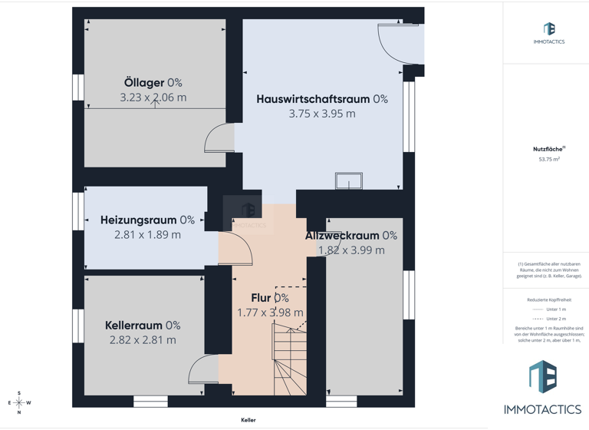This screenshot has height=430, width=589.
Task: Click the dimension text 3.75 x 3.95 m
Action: [x=321, y=114]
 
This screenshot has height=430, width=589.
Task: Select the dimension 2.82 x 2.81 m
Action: [x=142, y=340]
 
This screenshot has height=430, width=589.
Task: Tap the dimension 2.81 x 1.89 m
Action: [x=146, y=234]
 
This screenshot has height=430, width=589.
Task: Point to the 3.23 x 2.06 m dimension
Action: [x=153, y=98]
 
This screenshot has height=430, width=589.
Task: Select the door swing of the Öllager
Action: [x=219, y=138]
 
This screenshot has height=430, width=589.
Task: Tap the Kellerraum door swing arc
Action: [x=203, y=369]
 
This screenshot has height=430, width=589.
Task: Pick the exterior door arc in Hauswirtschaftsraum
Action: [x=398, y=44]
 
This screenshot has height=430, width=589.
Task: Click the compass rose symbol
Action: [x=19, y=402]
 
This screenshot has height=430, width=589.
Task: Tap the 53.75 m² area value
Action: [x=549, y=160]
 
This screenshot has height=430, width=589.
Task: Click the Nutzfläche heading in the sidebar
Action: [x=548, y=149]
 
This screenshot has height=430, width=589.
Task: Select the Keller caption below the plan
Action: [x=248, y=420]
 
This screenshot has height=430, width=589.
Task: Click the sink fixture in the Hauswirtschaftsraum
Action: [x=349, y=181]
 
